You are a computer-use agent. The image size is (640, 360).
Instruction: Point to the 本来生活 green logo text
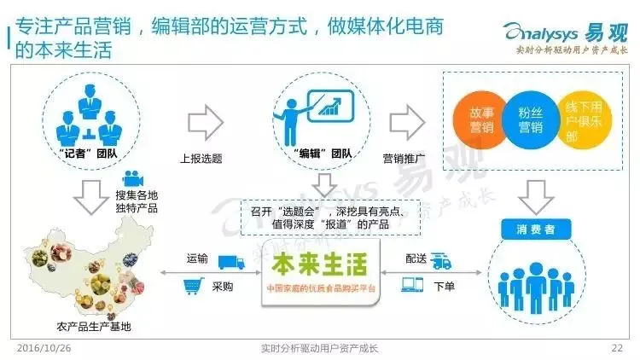coord(319,259)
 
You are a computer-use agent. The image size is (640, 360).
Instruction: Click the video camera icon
coord(131,178)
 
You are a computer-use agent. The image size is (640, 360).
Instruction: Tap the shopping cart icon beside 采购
coord(190,287)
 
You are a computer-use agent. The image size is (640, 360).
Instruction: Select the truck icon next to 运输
coord(228,262)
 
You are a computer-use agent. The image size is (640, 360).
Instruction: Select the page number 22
coord(618,348)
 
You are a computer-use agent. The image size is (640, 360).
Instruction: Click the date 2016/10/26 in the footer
coord(41,348)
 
